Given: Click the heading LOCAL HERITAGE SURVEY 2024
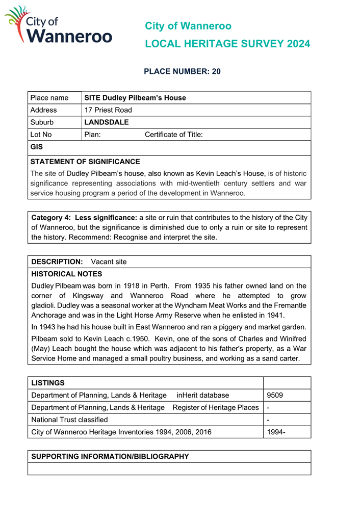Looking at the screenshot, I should click(227, 44).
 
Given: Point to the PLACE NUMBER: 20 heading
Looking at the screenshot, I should click(182, 71).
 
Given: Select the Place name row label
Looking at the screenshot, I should click(49, 98).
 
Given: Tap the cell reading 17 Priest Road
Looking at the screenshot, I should click(108, 110).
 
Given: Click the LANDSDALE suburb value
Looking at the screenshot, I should click(107, 122).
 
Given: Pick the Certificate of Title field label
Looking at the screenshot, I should click(174, 135).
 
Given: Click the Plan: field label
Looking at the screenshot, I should click(92, 135).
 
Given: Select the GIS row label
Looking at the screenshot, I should click(37, 147).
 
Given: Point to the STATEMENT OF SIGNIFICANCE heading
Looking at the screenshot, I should click(85, 162).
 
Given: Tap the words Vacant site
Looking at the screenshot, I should click(109, 262).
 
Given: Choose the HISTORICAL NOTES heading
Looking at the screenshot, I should click(67, 274).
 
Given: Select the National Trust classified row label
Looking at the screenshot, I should click(69, 420).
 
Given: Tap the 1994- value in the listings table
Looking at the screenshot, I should click(276, 432).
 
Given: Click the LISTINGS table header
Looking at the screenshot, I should click(48, 382).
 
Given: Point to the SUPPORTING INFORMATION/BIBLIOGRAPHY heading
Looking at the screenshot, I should click(110, 456).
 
